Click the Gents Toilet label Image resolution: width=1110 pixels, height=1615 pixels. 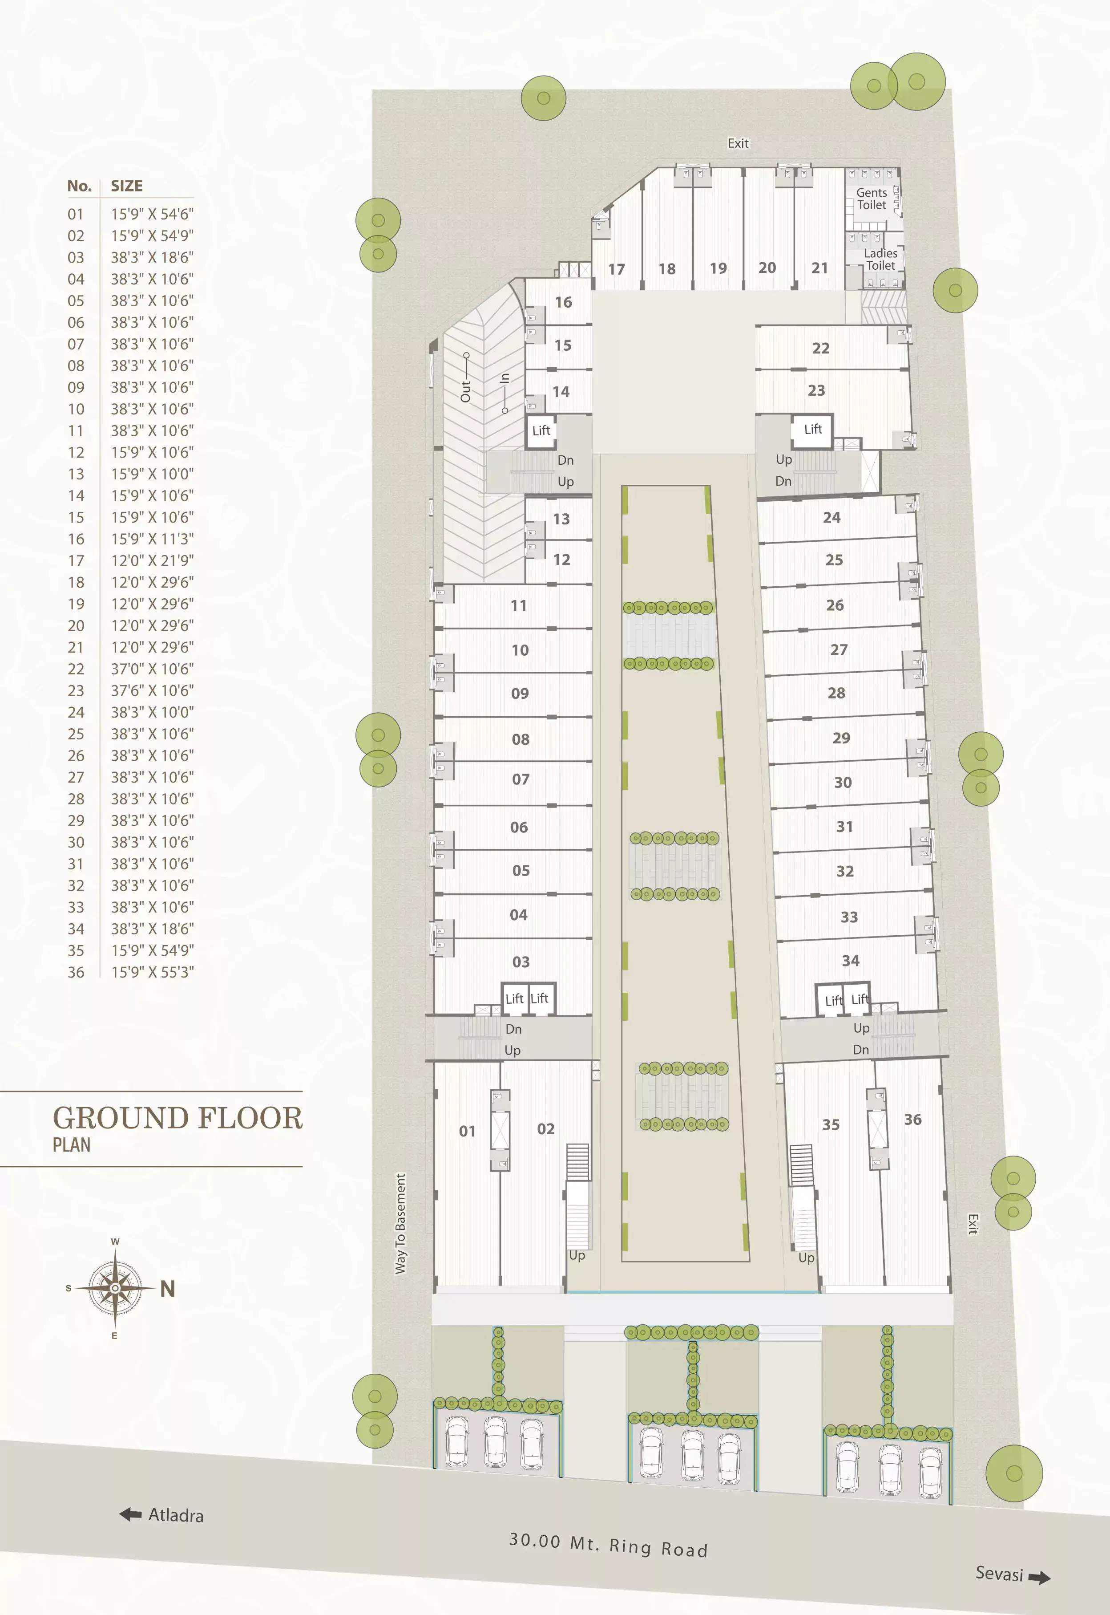point(872,198)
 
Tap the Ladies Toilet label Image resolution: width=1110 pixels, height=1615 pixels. point(880,259)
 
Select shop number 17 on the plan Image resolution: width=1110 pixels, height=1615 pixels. point(616,269)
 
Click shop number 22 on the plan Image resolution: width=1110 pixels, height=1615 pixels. point(821,348)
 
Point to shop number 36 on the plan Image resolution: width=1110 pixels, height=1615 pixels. point(912,1119)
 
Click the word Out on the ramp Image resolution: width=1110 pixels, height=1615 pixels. point(465,391)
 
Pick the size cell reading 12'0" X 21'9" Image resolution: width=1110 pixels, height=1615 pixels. point(152,560)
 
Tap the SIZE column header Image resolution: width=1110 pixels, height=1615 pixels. point(127,186)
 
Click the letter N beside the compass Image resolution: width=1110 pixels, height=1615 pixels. point(168,1289)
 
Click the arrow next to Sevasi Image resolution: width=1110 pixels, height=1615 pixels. point(1039,1578)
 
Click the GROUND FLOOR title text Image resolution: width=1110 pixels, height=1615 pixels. point(178,1119)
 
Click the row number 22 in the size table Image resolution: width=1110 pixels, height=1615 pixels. point(76,669)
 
